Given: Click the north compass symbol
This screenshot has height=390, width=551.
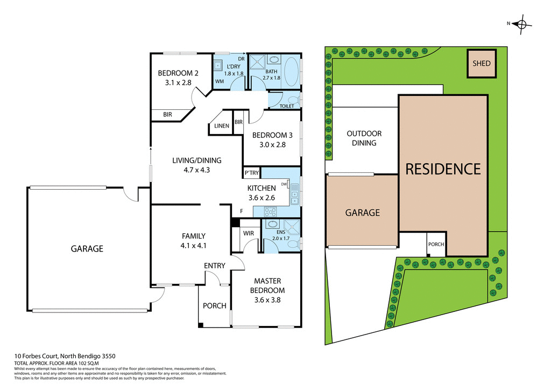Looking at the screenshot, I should (521, 24).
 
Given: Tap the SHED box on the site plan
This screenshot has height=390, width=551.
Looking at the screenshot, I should (482, 64).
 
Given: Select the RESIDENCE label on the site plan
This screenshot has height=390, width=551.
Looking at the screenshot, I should (443, 169).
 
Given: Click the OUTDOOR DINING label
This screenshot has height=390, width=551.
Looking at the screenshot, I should (364, 138).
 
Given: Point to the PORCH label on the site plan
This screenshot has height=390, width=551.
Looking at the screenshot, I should (436, 244).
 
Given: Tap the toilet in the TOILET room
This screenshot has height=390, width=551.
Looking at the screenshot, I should (292, 100).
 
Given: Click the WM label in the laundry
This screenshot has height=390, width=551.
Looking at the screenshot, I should (220, 81).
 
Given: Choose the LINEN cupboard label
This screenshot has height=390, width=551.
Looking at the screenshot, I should (222, 126).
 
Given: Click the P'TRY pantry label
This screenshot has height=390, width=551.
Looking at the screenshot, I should (252, 173).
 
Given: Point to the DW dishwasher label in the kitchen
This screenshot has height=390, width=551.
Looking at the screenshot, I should (284, 184).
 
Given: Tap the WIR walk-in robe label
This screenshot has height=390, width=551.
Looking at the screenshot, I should (248, 233).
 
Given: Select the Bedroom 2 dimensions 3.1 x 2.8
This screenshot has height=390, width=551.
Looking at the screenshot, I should (178, 83).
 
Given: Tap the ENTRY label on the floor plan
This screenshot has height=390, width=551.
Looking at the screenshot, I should (215, 266).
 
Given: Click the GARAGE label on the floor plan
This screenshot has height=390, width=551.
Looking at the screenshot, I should (87, 249).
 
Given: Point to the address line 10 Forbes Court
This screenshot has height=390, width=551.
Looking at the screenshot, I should (64, 356).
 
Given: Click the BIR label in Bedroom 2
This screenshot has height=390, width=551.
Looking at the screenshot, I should (167, 115).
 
